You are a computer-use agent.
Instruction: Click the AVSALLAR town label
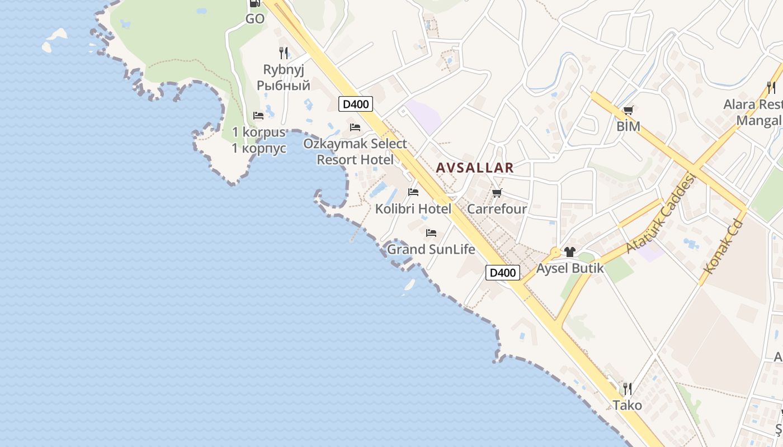point(474,168)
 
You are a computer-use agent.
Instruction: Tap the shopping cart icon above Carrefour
point(497,193)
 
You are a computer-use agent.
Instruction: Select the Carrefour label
point(497,209)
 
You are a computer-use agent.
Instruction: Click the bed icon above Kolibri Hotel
point(413,192)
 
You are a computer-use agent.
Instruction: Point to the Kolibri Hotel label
point(413,209)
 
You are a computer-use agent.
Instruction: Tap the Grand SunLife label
point(431,249)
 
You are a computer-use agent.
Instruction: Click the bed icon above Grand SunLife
point(431,232)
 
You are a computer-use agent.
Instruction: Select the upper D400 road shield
point(356,104)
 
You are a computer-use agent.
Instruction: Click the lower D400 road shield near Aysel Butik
point(502,273)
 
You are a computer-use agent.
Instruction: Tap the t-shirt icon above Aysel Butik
point(570,252)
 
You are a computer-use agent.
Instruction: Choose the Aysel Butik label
point(570,268)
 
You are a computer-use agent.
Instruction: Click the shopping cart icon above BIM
point(628,110)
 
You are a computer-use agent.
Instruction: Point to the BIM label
point(628,126)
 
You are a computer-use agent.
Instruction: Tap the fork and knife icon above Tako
point(628,388)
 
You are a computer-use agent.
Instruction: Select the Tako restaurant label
point(628,405)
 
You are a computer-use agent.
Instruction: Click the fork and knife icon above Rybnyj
point(284,53)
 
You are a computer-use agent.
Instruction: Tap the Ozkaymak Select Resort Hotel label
point(355,151)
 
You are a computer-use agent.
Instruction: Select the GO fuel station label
point(255,19)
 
